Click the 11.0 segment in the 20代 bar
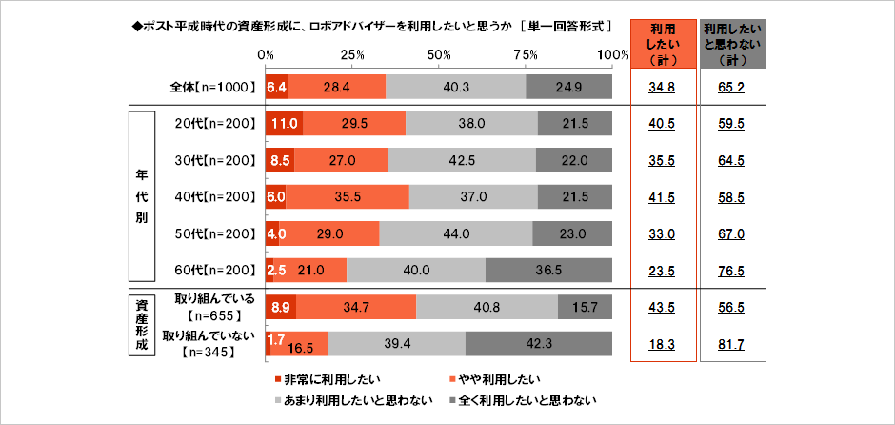[285, 124]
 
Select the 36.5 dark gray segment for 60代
[548, 270]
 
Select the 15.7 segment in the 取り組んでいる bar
[585, 307]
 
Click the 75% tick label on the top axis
[526, 54]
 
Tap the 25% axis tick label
[352, 54]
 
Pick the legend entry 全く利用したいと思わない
[536, 400]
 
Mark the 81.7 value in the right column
[735, 343]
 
